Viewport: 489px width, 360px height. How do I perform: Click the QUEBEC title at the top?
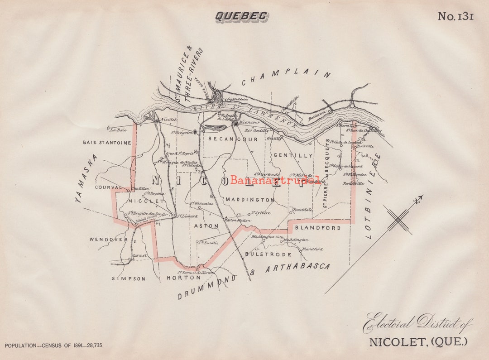tap(241, 16)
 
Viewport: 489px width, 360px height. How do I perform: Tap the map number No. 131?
tap(455, 16)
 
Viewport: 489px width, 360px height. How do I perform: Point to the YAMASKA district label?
tap(86, 178)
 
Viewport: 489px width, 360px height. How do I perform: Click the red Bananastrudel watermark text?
tap(275, 180)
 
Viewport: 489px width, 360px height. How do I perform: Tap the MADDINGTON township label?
tap(249, 200)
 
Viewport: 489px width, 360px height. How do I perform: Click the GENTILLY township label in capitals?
tap(293, 155)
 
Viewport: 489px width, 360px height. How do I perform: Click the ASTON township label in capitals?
tap(206, 226)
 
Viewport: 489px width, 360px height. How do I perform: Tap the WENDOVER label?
tap(108, 239)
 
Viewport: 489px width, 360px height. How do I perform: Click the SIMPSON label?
tap(129, 278)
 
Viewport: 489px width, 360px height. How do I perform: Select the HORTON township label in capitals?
tap(183, 278)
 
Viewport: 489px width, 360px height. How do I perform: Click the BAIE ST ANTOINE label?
tap(107, 143)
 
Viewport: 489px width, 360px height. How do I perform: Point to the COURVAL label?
tap(108, 187)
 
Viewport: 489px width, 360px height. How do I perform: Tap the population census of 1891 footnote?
tap(53, 346)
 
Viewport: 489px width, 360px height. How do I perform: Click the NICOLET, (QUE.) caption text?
tap(417, 341)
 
